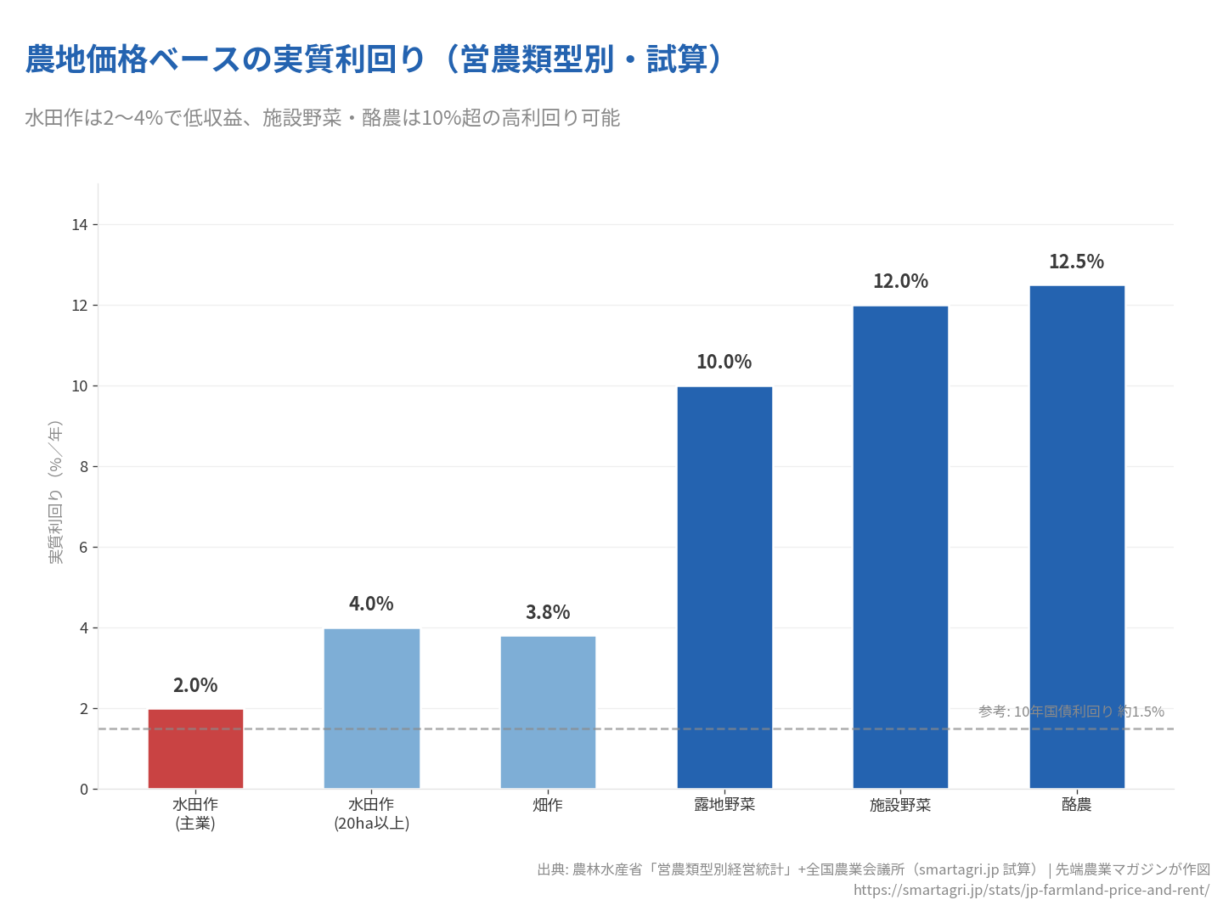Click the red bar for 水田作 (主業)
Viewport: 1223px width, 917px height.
pos(195,749)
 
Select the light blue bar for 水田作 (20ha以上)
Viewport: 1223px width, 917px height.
pos(372,709)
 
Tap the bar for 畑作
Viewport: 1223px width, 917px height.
pos(548,712)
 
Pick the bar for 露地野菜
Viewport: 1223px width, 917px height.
pos(724,588)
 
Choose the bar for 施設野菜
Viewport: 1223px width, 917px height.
pos(900,548)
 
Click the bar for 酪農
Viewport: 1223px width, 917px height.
pos(1077,537)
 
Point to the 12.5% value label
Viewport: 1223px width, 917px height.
pos(1076,262)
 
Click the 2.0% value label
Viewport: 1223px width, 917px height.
pos(195,685)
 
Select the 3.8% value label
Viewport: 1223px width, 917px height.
pos(548,612)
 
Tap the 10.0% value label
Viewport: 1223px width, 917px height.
pos(724,362)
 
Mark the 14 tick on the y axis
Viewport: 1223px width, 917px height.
pos(80,225)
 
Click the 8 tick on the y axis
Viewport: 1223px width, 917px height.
pos(84,467)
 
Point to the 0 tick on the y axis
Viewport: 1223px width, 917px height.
pos(84,790)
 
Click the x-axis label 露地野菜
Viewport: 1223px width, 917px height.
pos(724,805)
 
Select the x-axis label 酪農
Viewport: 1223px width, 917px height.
pos(1076,805)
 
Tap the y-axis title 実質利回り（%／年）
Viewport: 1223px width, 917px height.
pos(56,492)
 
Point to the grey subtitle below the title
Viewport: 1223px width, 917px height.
pos(323,118)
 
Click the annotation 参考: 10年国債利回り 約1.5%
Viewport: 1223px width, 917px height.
pos(1071,712)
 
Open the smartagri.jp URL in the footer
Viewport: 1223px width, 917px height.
pos(1031,890)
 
